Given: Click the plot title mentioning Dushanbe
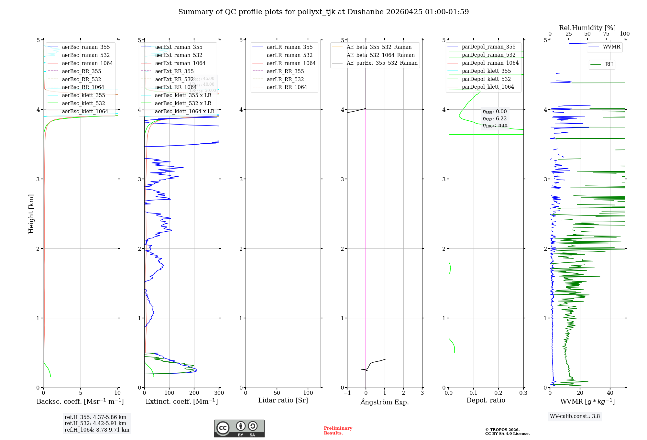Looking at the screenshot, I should coord(323,12).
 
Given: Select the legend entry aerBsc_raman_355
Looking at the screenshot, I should coord(86,47).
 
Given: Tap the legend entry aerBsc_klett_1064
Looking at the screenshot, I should coord(85,111).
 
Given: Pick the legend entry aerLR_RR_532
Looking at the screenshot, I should coord(285,79).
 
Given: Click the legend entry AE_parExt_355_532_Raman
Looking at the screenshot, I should coord(382,63).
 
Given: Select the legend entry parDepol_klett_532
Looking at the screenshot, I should coord(486,79).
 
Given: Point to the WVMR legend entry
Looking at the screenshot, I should coord(611,47).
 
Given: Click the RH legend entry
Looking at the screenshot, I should coord(609,64).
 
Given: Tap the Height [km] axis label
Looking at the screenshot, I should coord(31,214).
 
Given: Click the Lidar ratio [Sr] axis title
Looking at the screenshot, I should coord(283,400).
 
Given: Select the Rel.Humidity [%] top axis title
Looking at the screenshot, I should coord(587,28).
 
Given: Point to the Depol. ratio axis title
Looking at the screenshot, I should coord(486,400).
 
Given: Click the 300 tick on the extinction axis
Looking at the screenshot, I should coord(219,393).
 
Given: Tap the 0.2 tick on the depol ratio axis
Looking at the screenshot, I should coord(499,393).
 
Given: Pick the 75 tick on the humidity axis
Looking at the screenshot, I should coord(606,34).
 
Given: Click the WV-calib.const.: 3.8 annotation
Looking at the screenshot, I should coord(575,416).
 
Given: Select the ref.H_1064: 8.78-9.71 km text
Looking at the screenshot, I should coord(97,430).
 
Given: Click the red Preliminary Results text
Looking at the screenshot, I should coord(338,431).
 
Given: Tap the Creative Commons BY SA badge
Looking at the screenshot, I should coord(239,428).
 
